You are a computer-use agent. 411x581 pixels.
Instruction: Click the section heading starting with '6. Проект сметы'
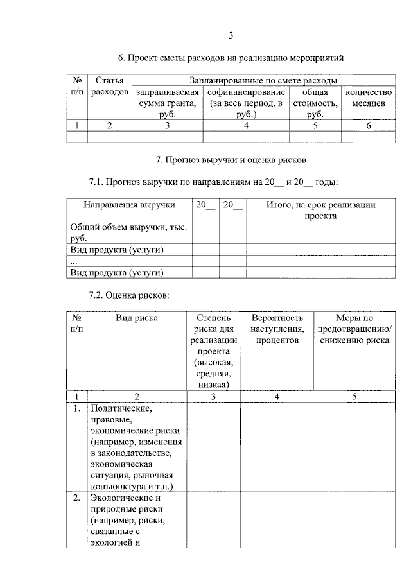pyautogui.click(x=235, y=58)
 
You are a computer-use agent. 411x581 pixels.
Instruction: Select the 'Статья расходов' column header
pyautogui.click(x=109, y=87)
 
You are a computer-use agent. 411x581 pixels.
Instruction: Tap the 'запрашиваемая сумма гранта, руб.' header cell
pyautogui.click(x=167, y=103)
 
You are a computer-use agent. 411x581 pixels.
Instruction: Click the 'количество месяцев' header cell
pyautogui.click(x=368, y=98)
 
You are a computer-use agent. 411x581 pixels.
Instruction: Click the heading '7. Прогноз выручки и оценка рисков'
pyautogui.click(x=235, y=157)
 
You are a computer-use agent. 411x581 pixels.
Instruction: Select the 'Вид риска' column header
pyautogui.click(x=136, y=317)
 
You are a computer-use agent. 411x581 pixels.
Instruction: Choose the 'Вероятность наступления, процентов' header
pyautogui.click(x=276, y=329)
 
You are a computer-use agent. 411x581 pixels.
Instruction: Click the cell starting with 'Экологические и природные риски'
pyautogui.click(x=128, y=520)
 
